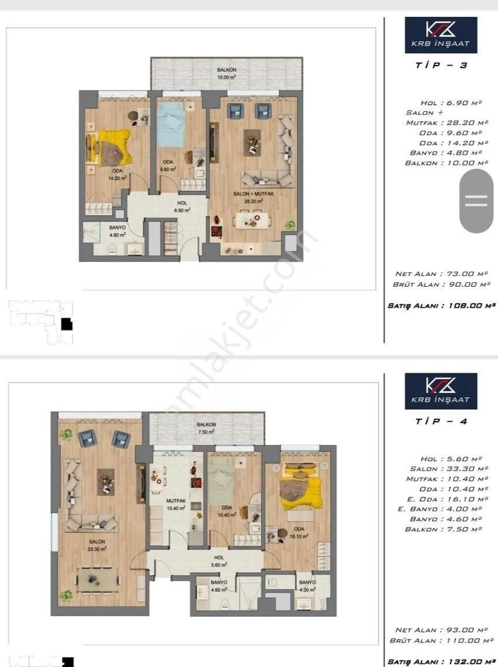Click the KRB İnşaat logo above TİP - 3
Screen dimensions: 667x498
coord(441,35)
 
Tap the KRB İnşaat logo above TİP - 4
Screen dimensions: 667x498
coord(441,391)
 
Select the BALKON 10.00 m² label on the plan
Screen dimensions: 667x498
coord(226,73)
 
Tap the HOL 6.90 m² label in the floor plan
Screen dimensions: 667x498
coord(167,207)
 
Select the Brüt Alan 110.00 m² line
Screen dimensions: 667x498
coord(442,641)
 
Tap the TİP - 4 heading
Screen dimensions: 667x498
coord(441,421)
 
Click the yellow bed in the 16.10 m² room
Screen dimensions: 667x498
coord(300,485)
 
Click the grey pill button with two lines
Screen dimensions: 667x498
coord(476,202)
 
